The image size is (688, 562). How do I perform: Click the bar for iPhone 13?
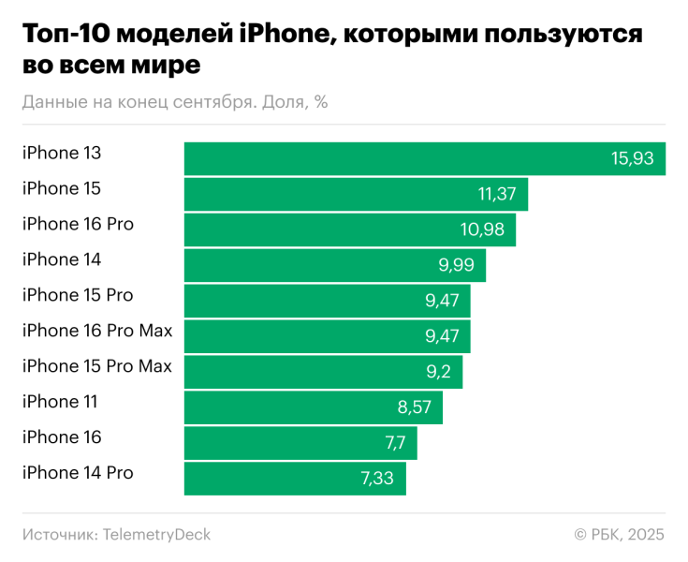pyautogui.click(x=424, y=158)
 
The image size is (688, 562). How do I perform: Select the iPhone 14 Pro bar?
pyautogui.click(x=295, y=479)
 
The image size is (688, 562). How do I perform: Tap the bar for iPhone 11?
pyautogui.click(x=313, y=407)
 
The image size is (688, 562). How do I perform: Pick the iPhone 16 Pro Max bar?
pyautogui.click(x=327, y=336)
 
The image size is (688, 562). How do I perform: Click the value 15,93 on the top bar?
pyautogui.click(x=633, y=159)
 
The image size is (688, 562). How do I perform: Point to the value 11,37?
pyautogui.click(x=498, y=195)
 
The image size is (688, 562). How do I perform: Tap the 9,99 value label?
pyautogui.click(x=456, y=266)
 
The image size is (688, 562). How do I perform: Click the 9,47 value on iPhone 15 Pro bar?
pyautogui.click(x=441, y=301)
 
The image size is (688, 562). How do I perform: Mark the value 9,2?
pyautogui.click(x=438, y=372)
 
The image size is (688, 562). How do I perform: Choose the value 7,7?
pyautogui.click(x=394, y=443)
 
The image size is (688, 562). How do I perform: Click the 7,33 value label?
pyautogui.click(x=379, y=479)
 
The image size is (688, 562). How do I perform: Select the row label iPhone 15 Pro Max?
pyautogui.click(x=97, y=366)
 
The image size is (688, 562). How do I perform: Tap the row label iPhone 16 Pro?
pyautogui.click(x=78, y=224)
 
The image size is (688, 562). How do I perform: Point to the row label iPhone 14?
pyautogui.click(x=62, y=259)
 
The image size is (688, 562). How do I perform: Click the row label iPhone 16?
pyautogui.click(x=62, y=437)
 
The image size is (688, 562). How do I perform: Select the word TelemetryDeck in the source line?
pyautogui.click(x=157, y=535)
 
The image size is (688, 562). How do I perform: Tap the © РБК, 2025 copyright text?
pyautogui.click(x=619, y=535)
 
